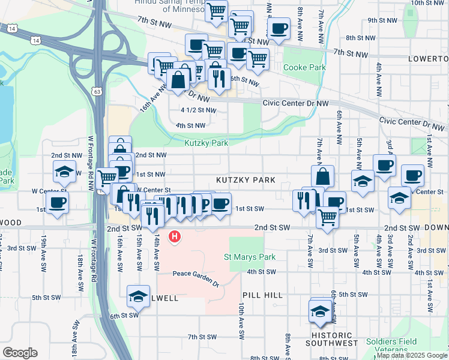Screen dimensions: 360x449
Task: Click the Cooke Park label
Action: point(305,68)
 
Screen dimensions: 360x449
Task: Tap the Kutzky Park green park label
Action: point(206,143)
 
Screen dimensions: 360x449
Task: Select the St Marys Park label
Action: point(250,257)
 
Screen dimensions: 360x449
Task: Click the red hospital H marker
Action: point(175,237)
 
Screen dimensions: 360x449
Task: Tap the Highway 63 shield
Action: point(97,91)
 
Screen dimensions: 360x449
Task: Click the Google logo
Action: point(20,353)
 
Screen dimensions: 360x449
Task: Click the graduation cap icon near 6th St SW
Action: point(138,296)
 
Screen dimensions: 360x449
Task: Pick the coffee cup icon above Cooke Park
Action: point(279,28)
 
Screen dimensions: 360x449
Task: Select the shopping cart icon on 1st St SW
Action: point(327,217)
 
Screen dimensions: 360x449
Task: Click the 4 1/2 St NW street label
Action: point(198,110)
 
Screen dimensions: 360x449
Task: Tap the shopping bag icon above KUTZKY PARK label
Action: point(322,176)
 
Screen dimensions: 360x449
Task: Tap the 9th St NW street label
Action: point(383,20)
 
